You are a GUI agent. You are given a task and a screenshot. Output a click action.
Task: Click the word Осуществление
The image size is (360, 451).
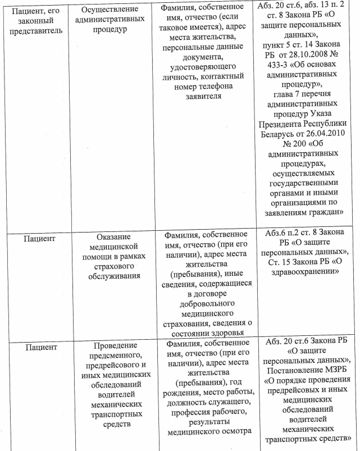tap(110, 11)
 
